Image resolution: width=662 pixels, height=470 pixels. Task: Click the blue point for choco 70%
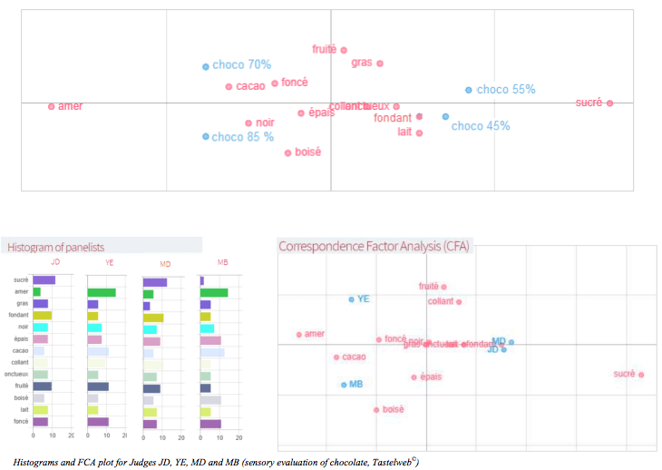[x=206, y=66]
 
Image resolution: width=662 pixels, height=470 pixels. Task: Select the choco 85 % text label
[x=243, y=137]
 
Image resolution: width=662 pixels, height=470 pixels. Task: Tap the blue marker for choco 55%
[x=469, y=90]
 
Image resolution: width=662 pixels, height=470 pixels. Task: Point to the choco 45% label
[x=481, y=126]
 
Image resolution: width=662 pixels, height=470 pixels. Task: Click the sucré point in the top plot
[x=610, y=103]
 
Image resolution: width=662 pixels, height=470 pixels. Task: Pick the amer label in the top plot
[x=70, y=106]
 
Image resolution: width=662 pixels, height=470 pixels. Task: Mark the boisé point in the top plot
[x=288, y=152]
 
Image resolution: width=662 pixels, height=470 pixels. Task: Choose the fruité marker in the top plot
[x=344, y=50]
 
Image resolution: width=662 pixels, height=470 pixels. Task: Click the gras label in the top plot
[x=362, y=63]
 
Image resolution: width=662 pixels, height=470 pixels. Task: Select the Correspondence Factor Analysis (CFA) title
[x=374, y=246]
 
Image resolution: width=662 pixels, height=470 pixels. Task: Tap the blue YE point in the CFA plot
[x=352, y=299]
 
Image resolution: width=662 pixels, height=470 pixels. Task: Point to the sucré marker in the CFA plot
[x=641, y=374]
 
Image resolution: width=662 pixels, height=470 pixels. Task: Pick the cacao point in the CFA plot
[x=336, y=357]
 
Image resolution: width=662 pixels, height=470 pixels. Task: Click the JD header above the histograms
[x=55, y=262]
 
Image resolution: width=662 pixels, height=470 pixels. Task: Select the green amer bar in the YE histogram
[x=102, y=292]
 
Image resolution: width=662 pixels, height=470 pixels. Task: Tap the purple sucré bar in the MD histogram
[x=155, y=281]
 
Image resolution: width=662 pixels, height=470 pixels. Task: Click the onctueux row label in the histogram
[x=15, y=375]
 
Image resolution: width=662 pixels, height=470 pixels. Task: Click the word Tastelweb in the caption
[x=385, y=463]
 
